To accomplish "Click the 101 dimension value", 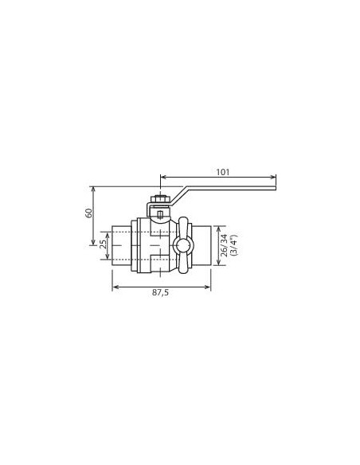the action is click(x=223, y=172).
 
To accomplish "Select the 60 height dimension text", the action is click(x=89, y=213).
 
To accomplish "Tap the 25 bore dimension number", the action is click(x=103, y=245).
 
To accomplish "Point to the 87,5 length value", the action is click(x=160, y=292).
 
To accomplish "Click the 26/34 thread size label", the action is click(x=225, y=245).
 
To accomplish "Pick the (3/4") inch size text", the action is click(x=234, y=245).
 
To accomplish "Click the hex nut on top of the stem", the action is click(x=160, y=199).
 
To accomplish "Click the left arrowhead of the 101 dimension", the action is click(x=162, y=178).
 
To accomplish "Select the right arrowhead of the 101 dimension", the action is click(x=274, y=178).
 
